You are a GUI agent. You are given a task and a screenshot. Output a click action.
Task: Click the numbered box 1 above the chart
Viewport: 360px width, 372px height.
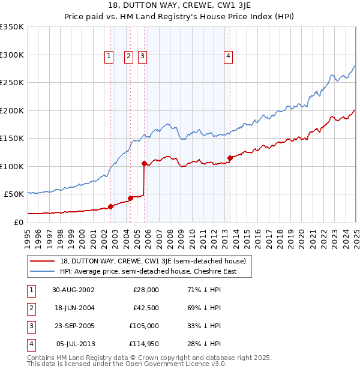click(109, 56)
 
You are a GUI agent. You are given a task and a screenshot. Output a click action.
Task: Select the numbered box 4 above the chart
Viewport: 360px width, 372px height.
click(229, 56)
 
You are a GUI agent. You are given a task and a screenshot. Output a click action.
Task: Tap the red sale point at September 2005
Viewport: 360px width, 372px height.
click(144, 163)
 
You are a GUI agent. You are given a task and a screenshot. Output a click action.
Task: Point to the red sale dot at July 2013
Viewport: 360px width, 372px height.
click(230, 158)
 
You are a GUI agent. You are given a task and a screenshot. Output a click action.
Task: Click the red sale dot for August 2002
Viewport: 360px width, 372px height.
click(110, 206)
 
